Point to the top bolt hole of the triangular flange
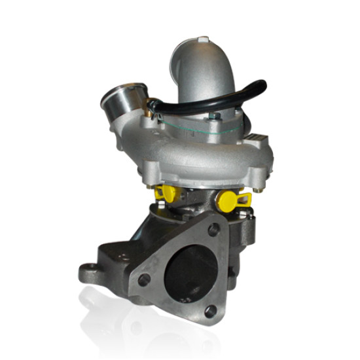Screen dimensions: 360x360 click(x=213, y=230)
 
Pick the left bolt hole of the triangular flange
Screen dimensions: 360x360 click(x=144, y=279)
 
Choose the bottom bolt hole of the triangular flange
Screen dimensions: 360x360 click(x=210, y=311)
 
